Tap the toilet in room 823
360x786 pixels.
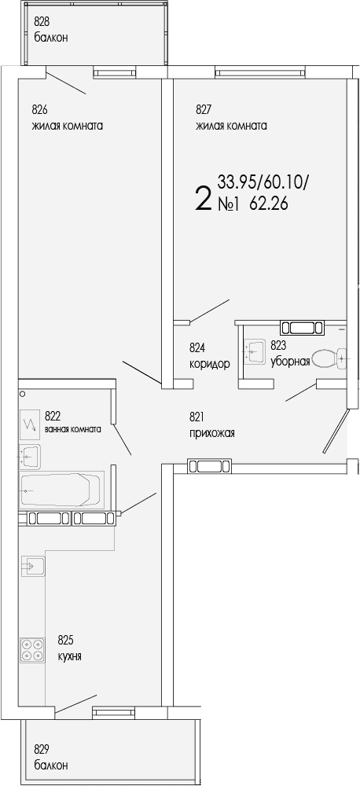click(x=329, y=359)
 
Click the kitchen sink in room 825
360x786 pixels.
click(x=32, y=564)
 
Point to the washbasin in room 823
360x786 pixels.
click(x=255, y=351)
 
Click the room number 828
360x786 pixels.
click(x=41, y=22)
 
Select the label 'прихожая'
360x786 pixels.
click(x=211, y=432)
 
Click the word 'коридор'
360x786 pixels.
click(x=209, y=363)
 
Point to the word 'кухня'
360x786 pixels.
click(x=69, y=656)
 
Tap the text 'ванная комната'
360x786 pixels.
click(x=72, y=429)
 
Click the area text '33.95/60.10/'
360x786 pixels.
click(x=263, y=182)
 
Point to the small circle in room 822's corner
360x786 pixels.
click(x=23, y=393)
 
